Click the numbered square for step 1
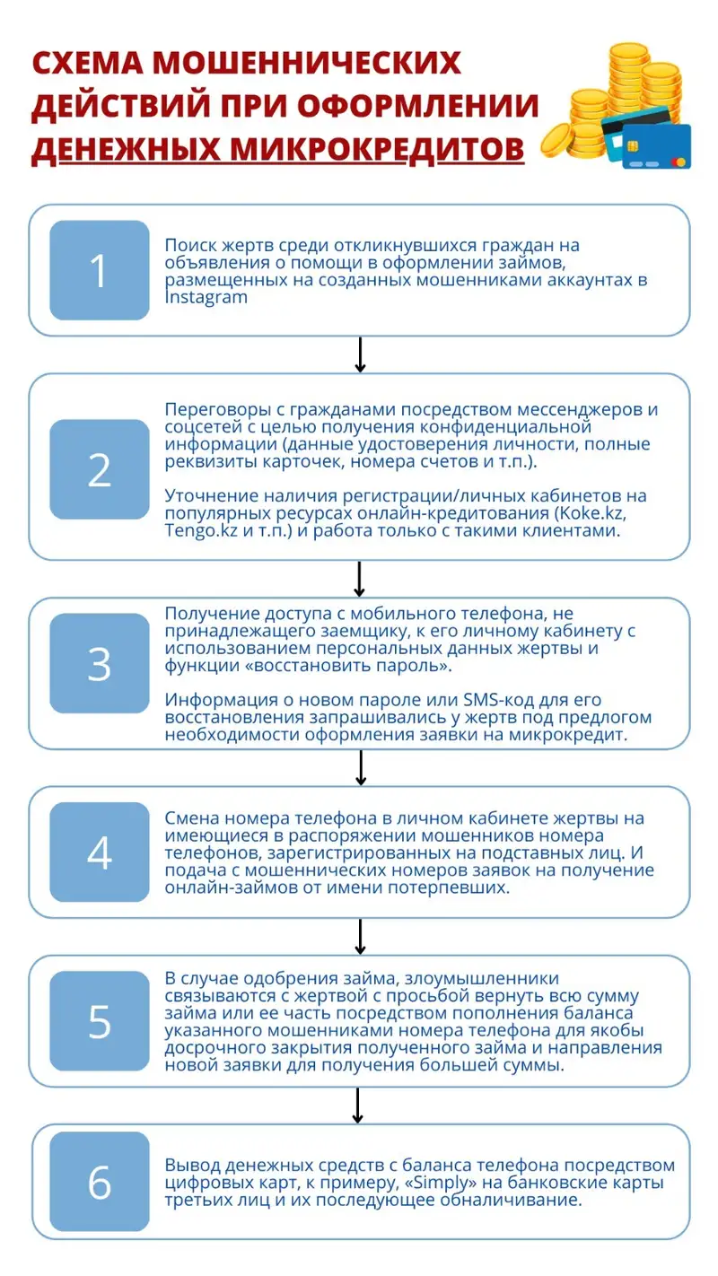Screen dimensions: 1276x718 [99, 270]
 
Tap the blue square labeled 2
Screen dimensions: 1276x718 [99, 469]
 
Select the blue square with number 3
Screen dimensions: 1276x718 [99, 663]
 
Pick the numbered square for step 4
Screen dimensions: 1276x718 [99, 852]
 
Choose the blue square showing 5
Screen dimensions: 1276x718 [99, 1020]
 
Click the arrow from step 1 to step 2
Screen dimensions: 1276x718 [359, 354]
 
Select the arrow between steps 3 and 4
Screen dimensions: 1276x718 [359, 767]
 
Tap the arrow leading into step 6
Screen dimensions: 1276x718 [359, 1105]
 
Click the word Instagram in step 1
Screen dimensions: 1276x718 [206, 298]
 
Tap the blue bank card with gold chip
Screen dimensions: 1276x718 [656, 145]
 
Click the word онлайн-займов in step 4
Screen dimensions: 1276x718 [219, 887]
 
